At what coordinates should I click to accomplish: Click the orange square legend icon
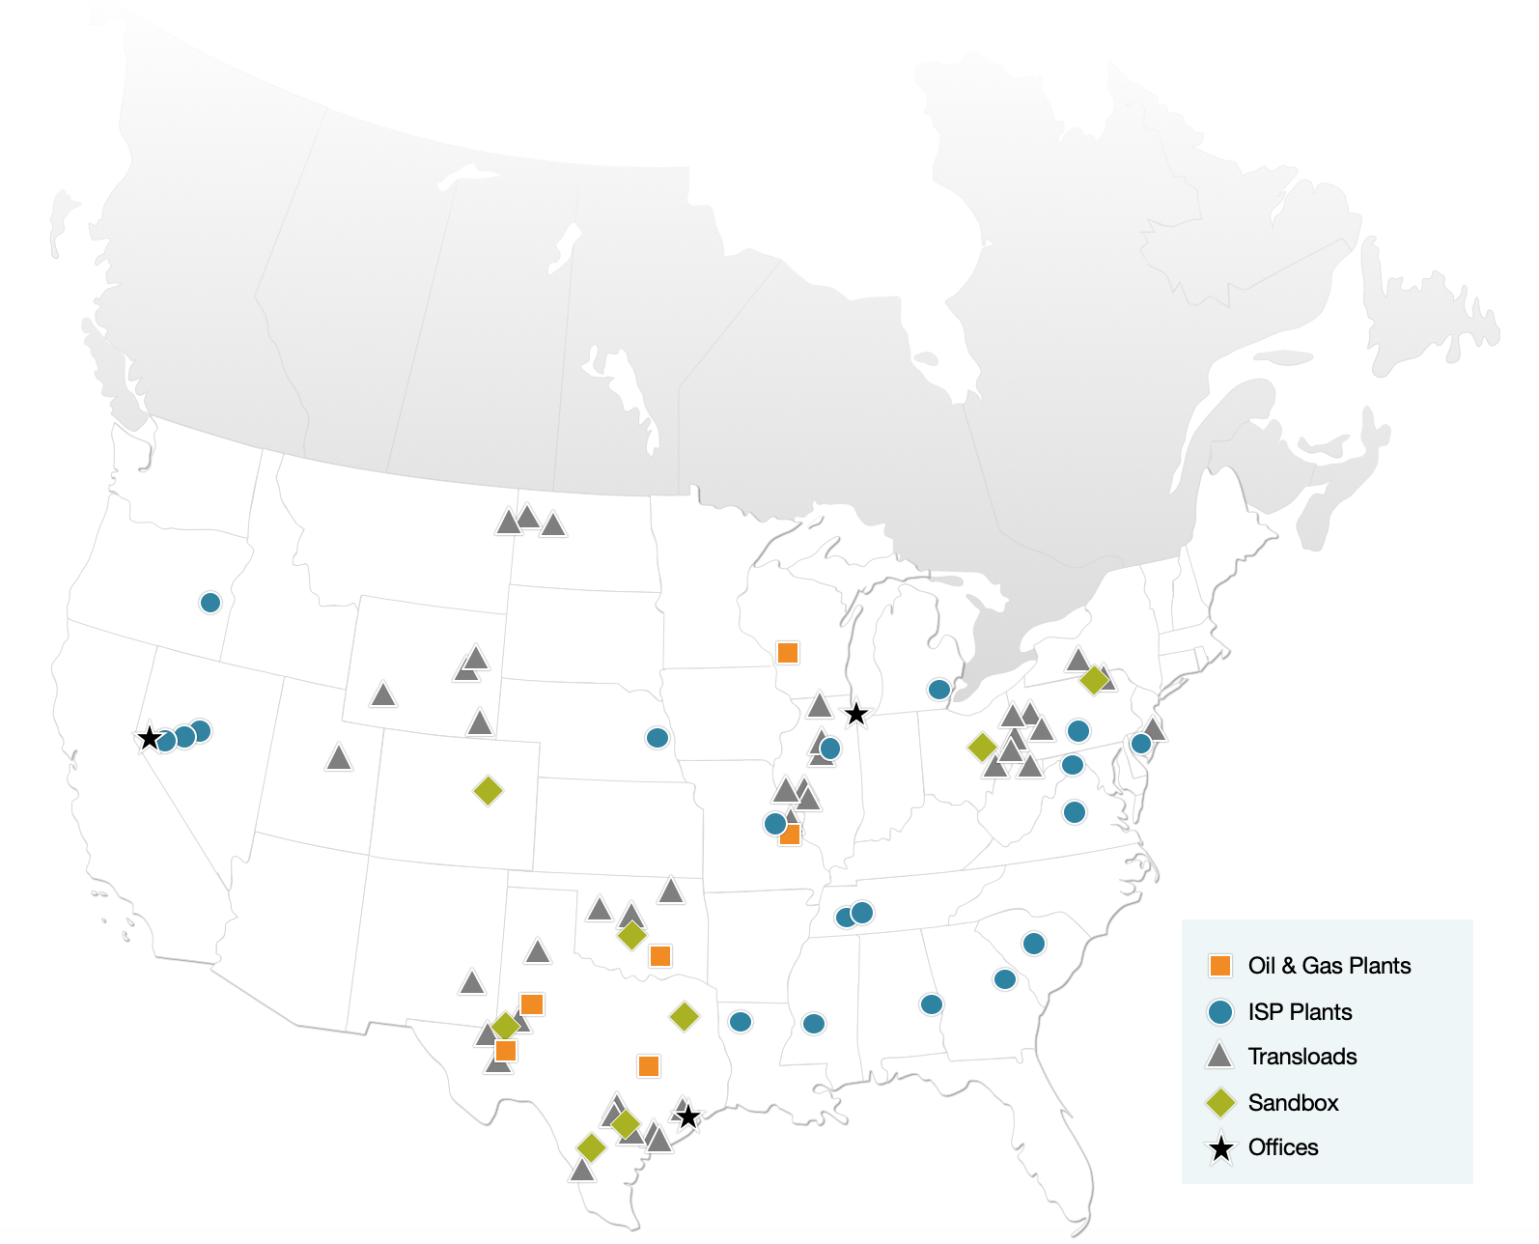[1220, 966]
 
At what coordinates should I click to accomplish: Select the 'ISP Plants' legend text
[1300, 1012]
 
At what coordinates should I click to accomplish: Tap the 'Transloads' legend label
[1301, 1057]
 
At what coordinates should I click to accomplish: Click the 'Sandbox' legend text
[1293, 1103]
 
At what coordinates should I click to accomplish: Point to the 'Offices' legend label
[1282, 1147]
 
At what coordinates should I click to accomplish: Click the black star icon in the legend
[1221, 1148]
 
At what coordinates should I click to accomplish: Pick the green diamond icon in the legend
[1220, 1103]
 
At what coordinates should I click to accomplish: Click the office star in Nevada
[149, 739]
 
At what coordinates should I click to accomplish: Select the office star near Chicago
[855, 715]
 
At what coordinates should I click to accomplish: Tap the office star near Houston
[687, 1117]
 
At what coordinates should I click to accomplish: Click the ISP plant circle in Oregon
[210, 603]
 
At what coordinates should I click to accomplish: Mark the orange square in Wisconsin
[788, 653]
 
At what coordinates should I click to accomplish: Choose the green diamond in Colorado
[489, 791]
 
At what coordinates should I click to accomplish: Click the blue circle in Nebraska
[658, 738]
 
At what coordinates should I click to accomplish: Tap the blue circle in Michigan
[939, 690]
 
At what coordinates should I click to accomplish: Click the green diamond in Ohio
[982, 747]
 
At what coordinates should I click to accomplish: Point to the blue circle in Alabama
[932, 1004]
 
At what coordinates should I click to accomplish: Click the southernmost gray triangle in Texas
[581, 1171]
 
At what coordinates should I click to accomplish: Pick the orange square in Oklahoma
[660, 956]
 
